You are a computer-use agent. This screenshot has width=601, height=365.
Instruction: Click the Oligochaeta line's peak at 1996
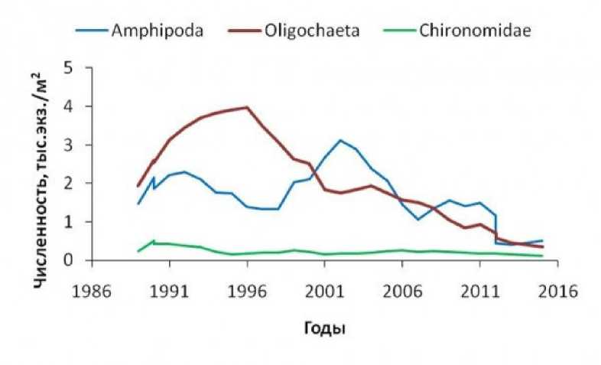click(246, 107)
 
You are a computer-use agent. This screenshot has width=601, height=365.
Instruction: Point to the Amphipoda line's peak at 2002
click(339, 140)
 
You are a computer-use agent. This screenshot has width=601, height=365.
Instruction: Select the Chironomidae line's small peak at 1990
click(153, 241)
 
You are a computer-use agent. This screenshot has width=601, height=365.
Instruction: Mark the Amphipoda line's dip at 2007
click(417, 220)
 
